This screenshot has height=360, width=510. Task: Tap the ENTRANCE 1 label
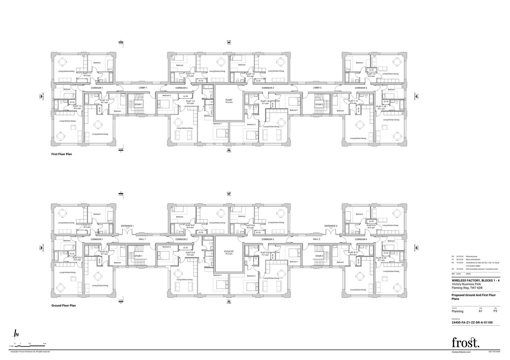click(x=127, y=226)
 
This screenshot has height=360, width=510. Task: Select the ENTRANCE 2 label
click(x=331, y=226)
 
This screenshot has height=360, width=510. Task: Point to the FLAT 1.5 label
click(x=190, y=101)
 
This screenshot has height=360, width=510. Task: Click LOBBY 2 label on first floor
click(x=317, y=88)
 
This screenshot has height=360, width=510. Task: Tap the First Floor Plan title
click(x=62, y=154)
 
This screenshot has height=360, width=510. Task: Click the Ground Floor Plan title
click(x=63, y=306)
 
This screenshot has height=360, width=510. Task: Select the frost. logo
click(x=465, y=342)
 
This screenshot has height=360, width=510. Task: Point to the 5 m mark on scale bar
click(x=45, y=343)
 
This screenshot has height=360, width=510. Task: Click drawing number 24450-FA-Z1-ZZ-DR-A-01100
click(x=472, y=322)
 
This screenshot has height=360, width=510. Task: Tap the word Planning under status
click(x=457, y=311)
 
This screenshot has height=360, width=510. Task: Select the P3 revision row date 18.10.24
click(x=459, y=269)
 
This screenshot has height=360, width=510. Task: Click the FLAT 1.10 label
click(x=381, y=107)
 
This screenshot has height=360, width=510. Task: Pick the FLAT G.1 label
click(x=87, y=225)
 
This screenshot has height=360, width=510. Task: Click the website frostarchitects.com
click(x=461, y=352)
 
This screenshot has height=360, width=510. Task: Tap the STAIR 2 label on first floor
click(x=319, y=104)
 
